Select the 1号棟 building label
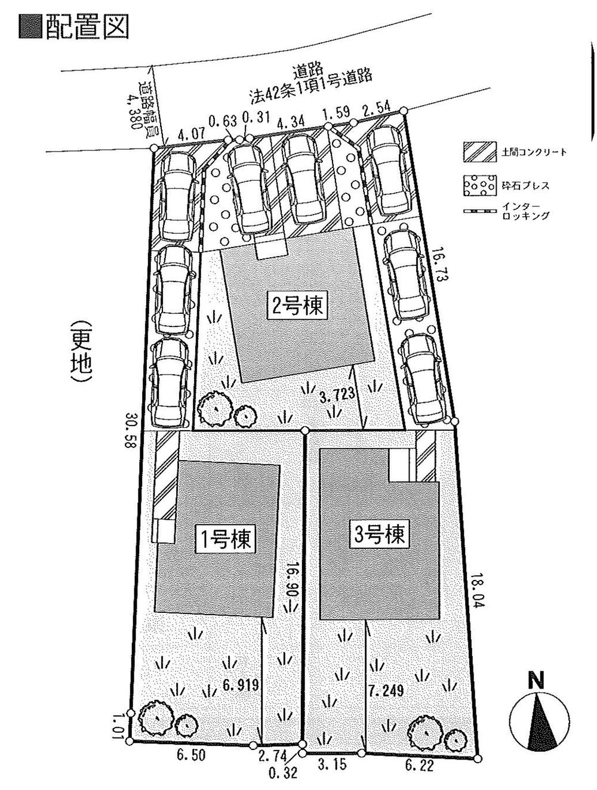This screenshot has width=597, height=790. [x=227, y=541]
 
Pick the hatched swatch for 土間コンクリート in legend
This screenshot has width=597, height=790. [x=479, y=152]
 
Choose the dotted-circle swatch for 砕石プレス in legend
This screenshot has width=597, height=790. [x=479, y=186]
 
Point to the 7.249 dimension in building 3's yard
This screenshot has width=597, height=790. [x=386, y=691]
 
